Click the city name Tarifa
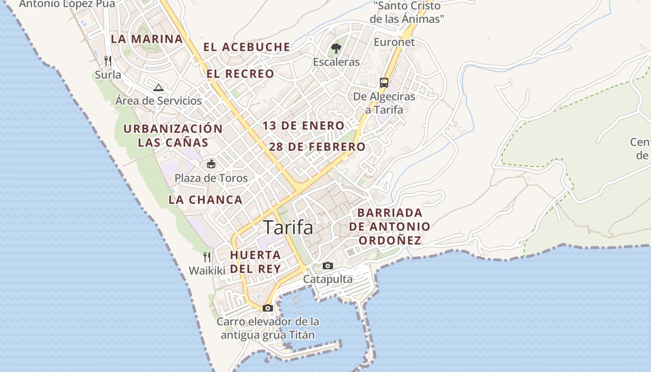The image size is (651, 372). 288,227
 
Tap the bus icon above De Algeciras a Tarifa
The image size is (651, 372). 384,83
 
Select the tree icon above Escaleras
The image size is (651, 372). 336,48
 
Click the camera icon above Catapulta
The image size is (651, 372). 328,266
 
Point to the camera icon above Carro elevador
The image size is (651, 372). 267,308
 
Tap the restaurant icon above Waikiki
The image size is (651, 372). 207,256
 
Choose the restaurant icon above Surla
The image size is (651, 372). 108,60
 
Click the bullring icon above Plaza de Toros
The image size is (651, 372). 211,164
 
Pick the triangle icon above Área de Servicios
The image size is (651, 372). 159,87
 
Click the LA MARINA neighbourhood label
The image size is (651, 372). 147,39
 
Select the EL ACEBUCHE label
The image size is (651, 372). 247,47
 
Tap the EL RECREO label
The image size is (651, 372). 240,73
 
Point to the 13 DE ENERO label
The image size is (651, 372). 304,126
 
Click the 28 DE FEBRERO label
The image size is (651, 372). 317,147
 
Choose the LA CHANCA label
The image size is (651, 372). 206,200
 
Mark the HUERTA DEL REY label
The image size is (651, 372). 255,262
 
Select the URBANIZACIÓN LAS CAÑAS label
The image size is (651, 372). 173,135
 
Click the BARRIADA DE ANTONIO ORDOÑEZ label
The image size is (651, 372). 390,226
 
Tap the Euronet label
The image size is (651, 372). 394,42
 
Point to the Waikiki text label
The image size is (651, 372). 207,270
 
